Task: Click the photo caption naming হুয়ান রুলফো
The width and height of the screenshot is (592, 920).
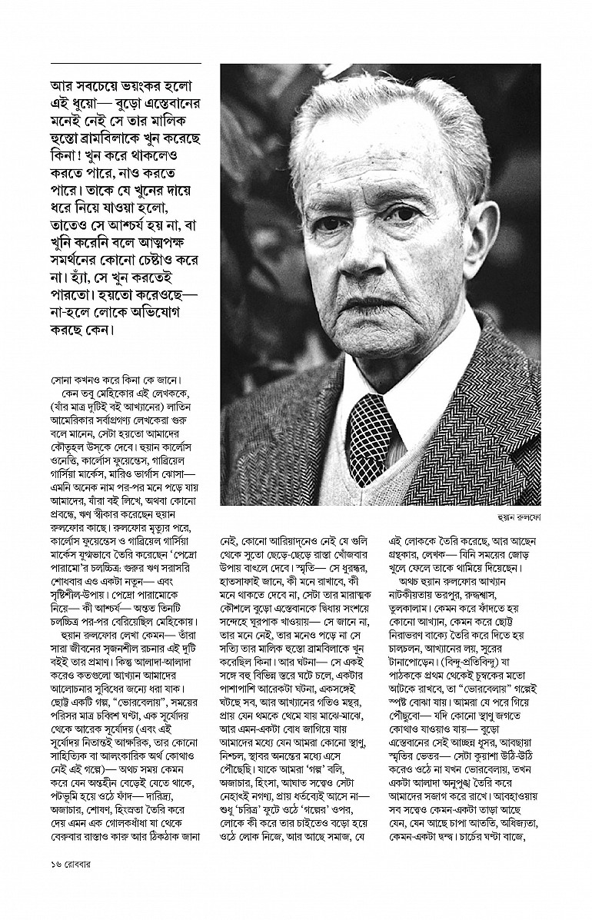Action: point(519,518)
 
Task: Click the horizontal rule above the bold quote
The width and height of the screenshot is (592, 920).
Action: point(125,62)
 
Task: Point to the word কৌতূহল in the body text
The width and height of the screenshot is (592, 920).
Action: point(74,449)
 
